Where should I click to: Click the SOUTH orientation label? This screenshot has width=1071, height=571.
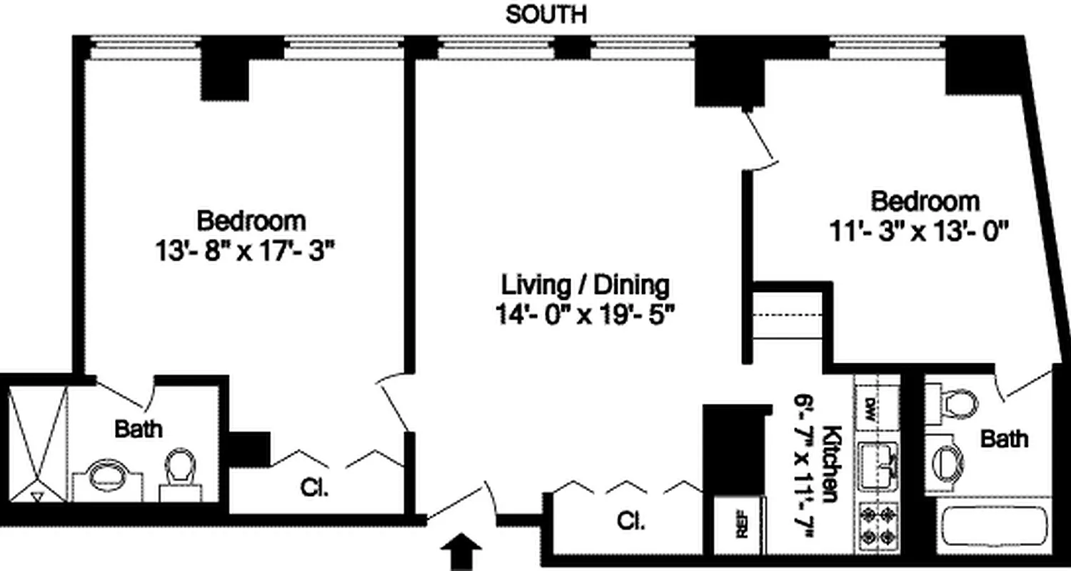tap(546, 15)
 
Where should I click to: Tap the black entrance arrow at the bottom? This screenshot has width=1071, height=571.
tap(462, 553)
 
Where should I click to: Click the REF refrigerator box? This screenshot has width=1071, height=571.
tap(740, 525)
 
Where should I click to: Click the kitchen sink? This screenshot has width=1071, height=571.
tap(878, 466)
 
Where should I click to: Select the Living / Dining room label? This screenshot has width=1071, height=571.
tap(585, 285)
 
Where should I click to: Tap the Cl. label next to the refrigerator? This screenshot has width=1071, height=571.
tap(631, 521)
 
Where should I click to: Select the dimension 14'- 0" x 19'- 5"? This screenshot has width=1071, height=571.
tap(585, 314)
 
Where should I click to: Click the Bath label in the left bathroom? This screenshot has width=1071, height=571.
tap(139, 429)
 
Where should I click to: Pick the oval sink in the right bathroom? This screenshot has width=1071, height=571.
tap(950, 458)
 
